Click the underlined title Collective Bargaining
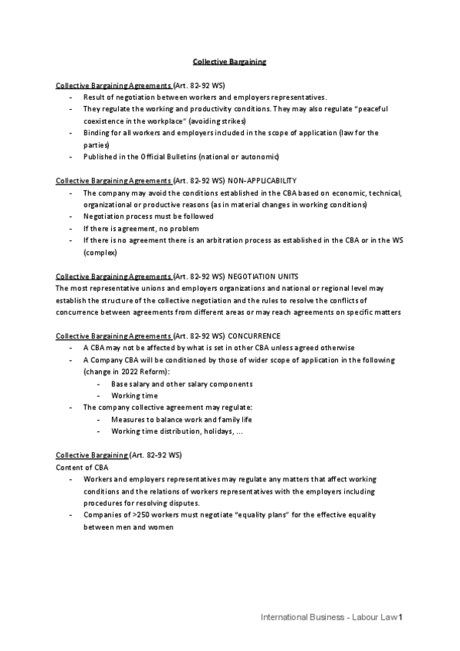(229, 61)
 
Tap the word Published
(100, 157)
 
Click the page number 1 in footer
(400, 617)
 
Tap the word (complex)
(100, 252)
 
